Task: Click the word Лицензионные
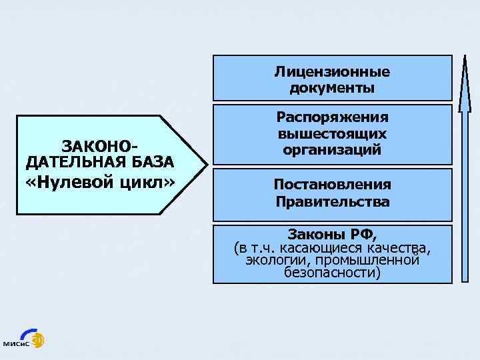[x=332, y=71]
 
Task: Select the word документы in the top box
[x=332, y=87]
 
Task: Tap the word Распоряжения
[x=332, y=117]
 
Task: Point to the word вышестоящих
[x=332, y=133]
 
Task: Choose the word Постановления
[x=332, y=185]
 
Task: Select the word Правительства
[x=332, y=201]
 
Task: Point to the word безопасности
[x=332, y=272]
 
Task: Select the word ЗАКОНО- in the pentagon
[x=99, y=145]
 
